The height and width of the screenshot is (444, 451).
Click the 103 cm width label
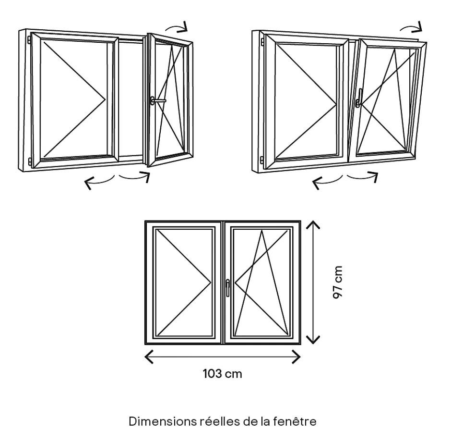222,374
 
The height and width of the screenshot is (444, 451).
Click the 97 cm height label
339,283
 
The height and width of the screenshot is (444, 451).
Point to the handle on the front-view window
228,287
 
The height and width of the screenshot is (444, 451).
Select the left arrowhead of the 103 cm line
148,357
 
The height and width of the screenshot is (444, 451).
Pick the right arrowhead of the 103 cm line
297,357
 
